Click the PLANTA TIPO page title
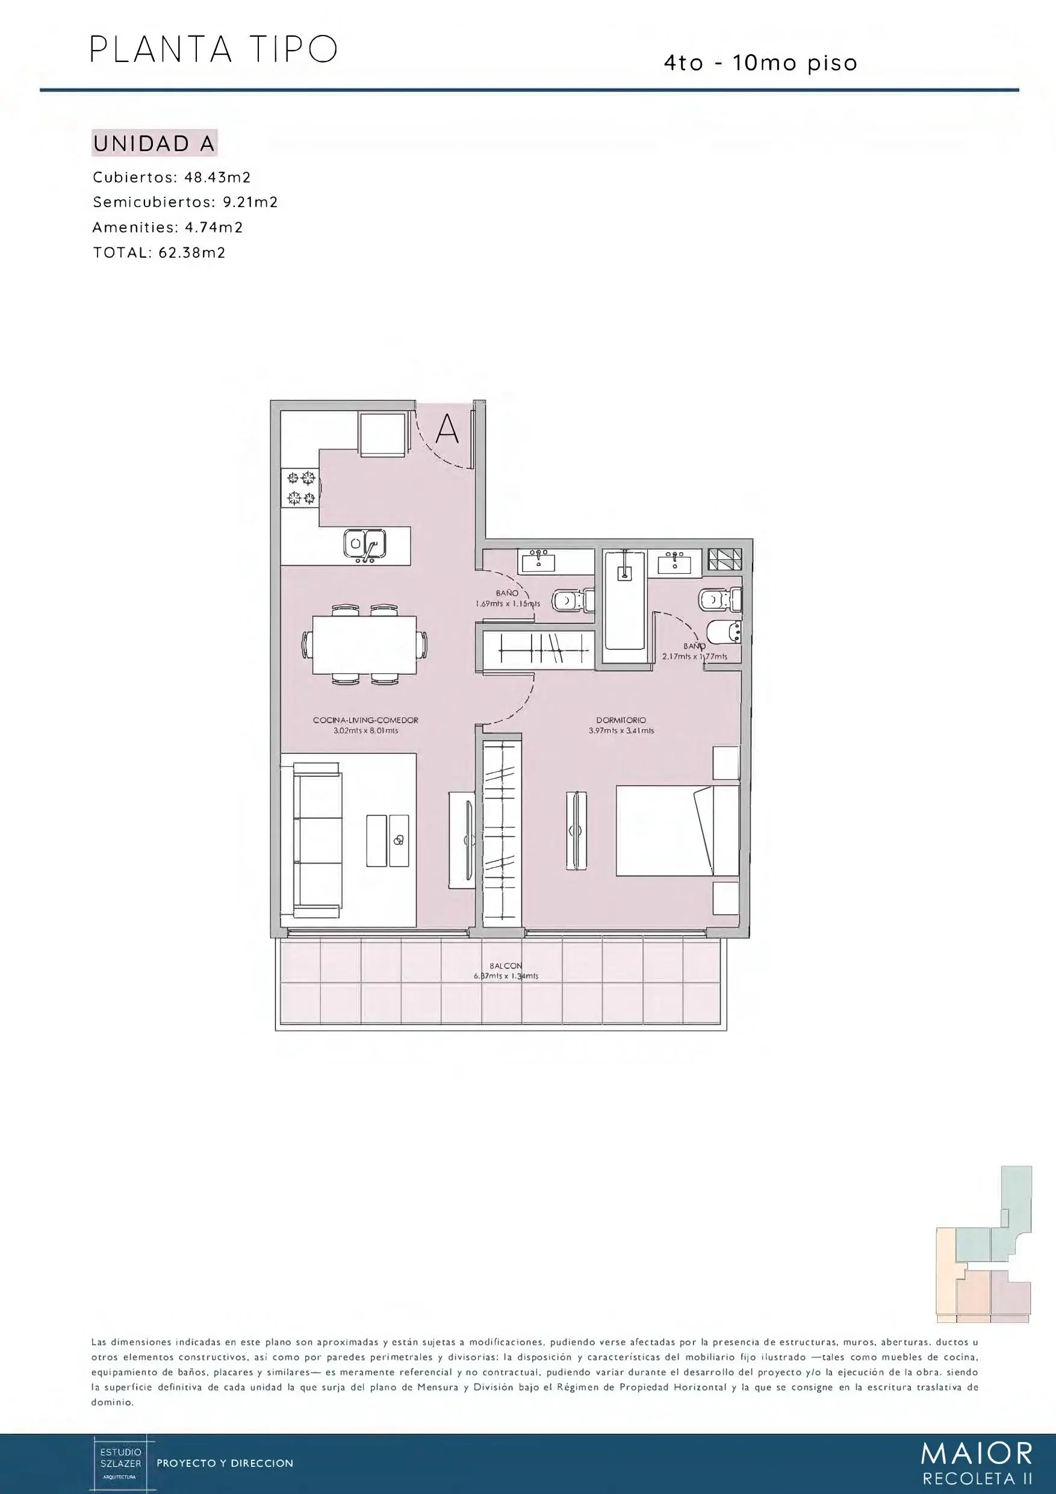(213, 49)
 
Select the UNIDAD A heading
(154, 144)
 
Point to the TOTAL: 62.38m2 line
(160, 252)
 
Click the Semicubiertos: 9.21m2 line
(185, 202)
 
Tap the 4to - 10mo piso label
(760, 64)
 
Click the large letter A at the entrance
(447, 429)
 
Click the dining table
(364, 645)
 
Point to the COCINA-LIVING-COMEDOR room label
(365, 720)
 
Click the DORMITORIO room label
(621, 720)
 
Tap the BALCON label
(506, 966)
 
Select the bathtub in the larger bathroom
(624, 600)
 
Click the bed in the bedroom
(677, 830)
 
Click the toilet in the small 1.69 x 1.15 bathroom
(573, 600)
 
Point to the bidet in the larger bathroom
(724, 632)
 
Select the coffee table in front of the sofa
(388, 840)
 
